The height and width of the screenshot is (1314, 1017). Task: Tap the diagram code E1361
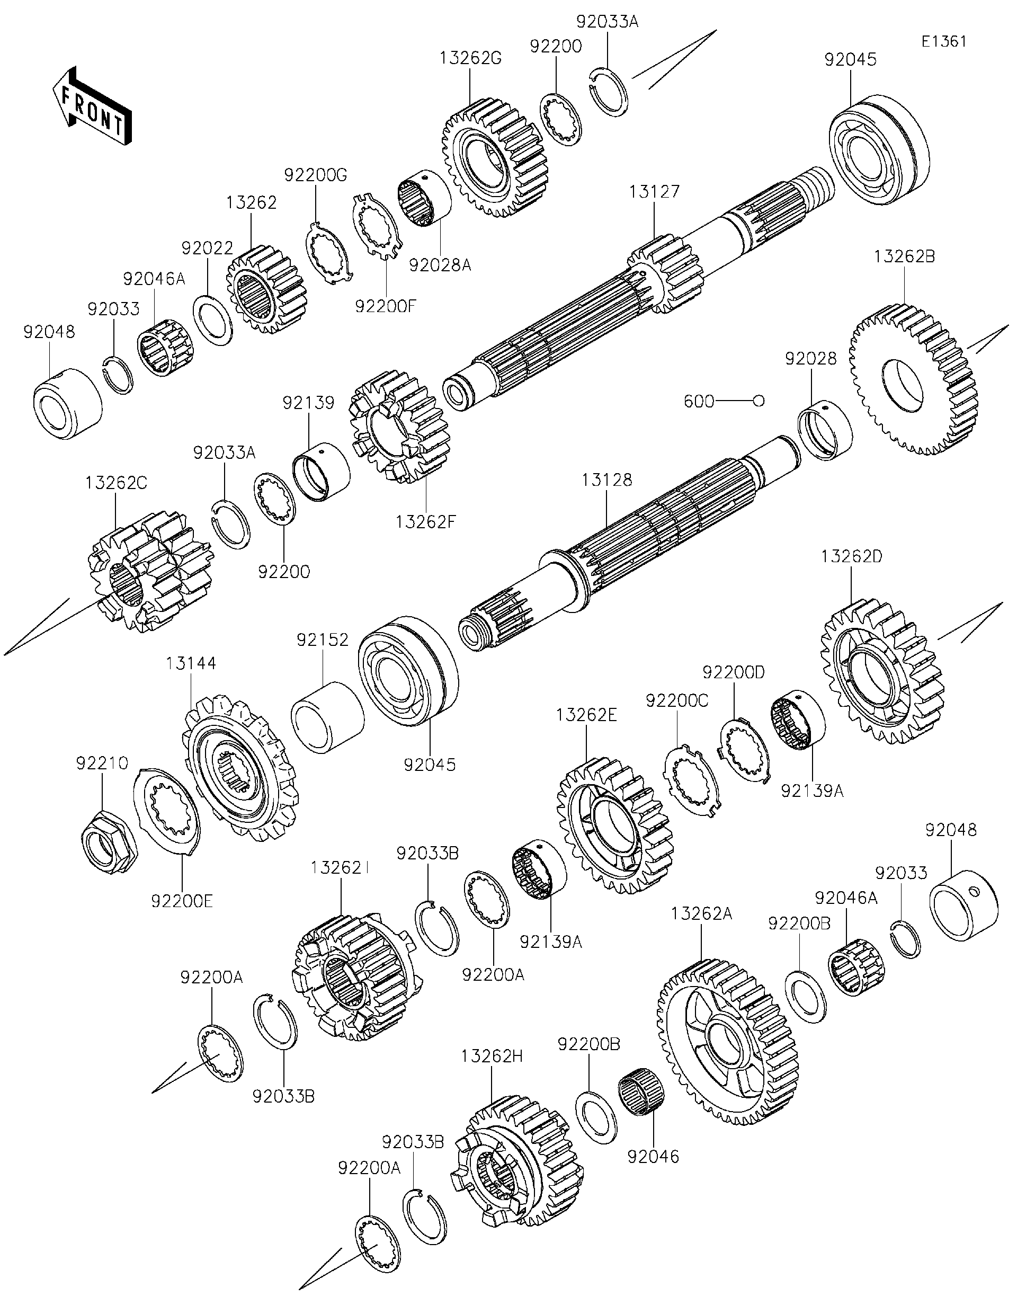point(945,41)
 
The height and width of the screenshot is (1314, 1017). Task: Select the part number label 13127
point(654,192)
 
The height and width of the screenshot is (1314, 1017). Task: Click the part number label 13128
point(607,480)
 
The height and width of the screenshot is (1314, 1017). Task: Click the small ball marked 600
point(759,400)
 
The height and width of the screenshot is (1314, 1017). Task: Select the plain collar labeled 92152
point(327,716)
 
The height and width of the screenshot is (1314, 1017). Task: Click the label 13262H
point(493,1056)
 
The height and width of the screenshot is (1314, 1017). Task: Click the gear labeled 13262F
point(400,427)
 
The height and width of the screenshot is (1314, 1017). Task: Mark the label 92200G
point(316,175)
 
